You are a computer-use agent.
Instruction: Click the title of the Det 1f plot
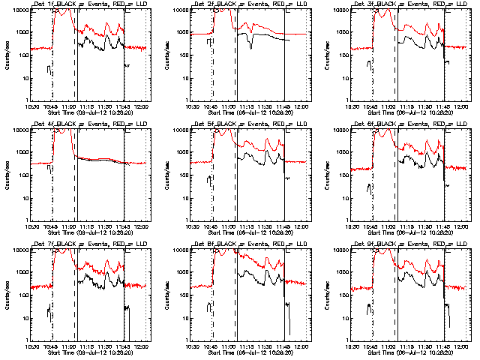tap(91, 4)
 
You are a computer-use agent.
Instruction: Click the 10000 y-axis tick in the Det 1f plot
tap(18, 10)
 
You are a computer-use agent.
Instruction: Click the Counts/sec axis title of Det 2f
tap(167, 55)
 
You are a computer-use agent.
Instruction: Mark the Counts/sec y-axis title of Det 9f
tap(328, 295)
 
